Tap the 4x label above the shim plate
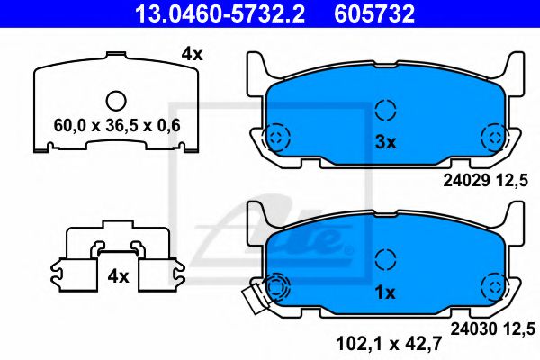192,55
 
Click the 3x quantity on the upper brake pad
385,140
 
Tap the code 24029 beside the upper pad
464,178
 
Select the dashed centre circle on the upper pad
385,110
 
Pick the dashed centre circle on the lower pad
385,260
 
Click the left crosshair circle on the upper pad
276,137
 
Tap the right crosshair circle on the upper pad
493,137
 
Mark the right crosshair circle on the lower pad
493,288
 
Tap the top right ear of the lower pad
515,217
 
